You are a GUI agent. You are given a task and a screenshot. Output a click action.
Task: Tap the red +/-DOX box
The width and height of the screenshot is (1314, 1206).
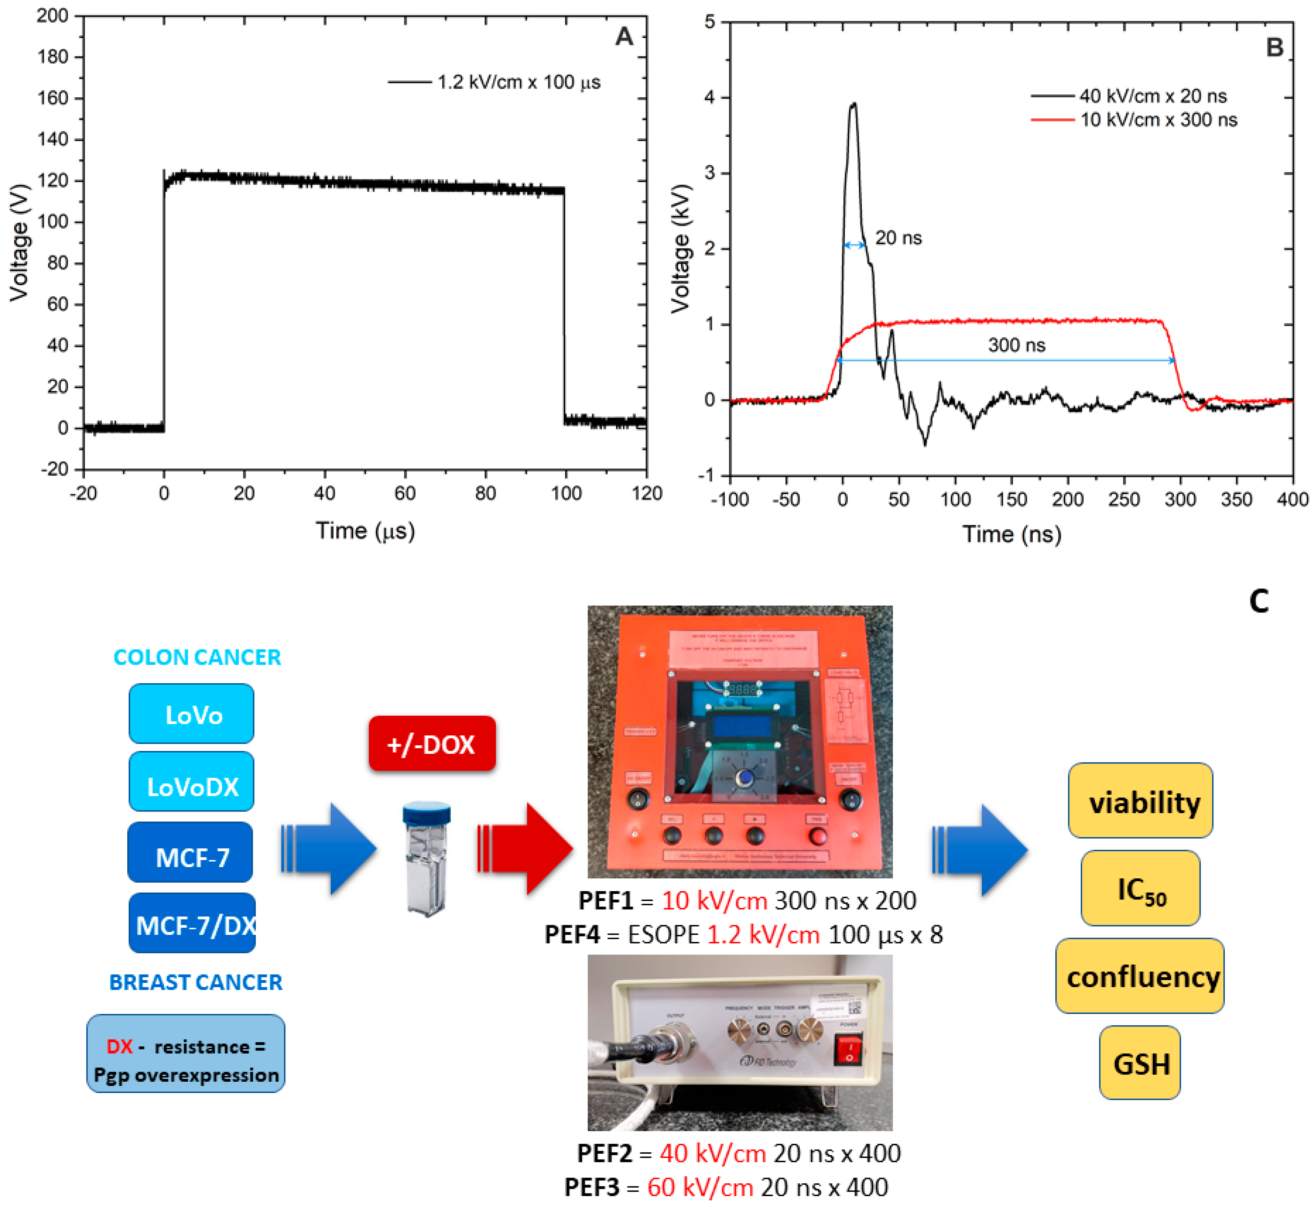pos(431,743)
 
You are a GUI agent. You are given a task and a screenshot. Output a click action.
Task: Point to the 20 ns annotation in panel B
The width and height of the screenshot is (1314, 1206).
pos(898,238)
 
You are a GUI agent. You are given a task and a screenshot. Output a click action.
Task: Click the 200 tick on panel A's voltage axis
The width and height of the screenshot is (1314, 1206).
pos(52,16)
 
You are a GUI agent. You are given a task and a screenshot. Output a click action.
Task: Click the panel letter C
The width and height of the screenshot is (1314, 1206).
pos(1258,600)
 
